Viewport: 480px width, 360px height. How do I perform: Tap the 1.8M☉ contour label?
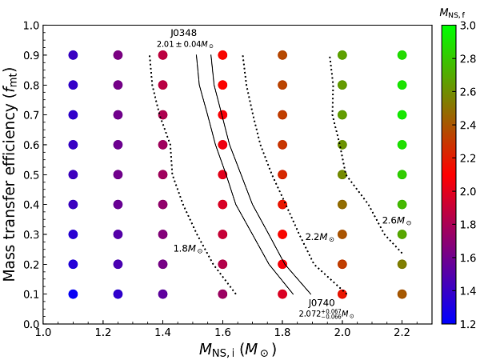188,248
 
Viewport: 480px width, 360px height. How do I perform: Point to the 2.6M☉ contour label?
396,221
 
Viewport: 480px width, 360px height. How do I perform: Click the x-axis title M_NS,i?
238,349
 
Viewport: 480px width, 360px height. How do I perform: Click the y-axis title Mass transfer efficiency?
11,174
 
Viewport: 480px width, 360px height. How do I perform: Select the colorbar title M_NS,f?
453,13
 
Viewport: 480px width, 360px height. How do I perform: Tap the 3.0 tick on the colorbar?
464,26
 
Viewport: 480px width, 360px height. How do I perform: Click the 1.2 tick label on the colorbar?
464,324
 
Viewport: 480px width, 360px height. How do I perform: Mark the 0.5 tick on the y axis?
31,174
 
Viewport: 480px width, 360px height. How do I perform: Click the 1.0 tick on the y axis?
31,26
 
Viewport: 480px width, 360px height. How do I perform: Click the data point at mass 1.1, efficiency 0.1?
73,294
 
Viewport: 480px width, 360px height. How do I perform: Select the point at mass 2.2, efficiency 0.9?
402,55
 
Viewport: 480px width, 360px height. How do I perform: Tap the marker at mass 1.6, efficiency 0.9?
222,55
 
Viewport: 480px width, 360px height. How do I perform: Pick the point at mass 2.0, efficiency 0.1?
342,294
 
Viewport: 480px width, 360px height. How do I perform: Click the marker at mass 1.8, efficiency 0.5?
282,174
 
